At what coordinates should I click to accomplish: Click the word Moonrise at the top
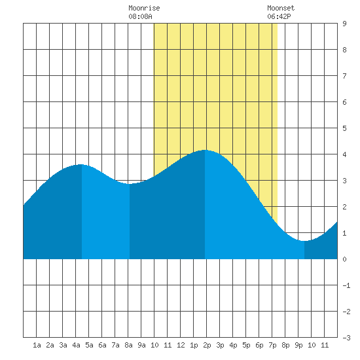coord(144,8)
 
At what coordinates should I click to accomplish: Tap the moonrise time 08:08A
coord(140,16)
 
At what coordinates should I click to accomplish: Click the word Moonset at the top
coord(281,8)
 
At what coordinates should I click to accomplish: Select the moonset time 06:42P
coord(279,16)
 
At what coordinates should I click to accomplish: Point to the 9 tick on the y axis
coord(344,24)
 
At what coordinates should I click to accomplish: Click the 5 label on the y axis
coord(344,128)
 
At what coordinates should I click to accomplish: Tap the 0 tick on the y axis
coord(344,259)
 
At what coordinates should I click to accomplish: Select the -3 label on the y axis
coord(346,338)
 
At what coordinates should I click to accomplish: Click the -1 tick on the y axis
coord(346,285)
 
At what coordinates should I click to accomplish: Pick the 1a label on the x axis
coord(37,345)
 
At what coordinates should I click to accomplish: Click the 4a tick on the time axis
coord(76,345)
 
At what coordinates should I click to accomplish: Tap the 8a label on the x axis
coord(128,345)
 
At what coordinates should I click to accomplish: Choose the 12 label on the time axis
coord(181,345)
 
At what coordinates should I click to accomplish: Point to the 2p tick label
coord(207,345)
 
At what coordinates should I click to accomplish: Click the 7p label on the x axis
coord(272,345)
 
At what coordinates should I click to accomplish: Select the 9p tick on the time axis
coord(298,345)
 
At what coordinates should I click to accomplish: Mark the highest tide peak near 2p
coord(205,150)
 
